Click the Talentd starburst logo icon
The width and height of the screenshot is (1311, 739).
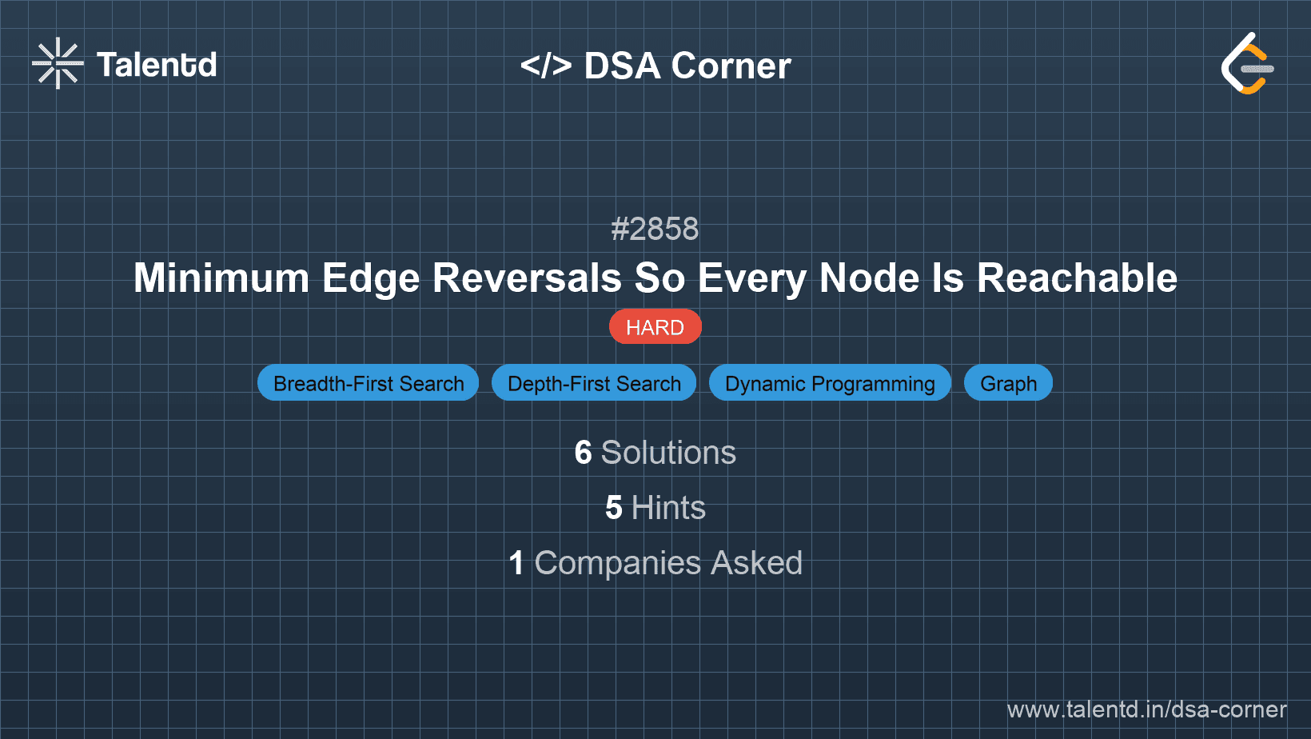coord(58,63)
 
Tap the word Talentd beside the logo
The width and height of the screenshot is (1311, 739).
coord(157,65)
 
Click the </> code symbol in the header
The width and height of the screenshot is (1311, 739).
coord(546,66)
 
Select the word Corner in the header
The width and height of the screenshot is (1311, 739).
coord(731,66)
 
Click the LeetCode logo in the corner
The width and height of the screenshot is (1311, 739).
coord(1247,64)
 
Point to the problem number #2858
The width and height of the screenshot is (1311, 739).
coord(655,230)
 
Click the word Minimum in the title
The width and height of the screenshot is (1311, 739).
coord(221,278)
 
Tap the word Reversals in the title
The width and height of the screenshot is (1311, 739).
coord(527,278)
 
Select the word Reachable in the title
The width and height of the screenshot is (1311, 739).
coord(1077,278)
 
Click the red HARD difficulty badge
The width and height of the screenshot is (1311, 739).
coord(655,327)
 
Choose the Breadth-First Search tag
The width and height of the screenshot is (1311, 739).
coord(369,384)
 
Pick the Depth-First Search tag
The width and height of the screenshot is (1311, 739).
coord(594,384)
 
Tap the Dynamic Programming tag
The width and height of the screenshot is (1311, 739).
coord(830,384)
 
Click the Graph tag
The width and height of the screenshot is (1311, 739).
coord(1008,384)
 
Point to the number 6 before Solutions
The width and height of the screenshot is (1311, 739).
coord(584,453)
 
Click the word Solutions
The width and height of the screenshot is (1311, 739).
coord(668,453)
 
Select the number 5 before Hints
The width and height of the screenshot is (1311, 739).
coord(614,508)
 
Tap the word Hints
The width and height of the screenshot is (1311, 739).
coord(668,508)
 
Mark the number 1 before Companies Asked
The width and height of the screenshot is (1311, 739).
coord(516,563)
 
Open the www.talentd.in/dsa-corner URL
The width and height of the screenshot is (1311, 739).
coord(1146,709)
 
